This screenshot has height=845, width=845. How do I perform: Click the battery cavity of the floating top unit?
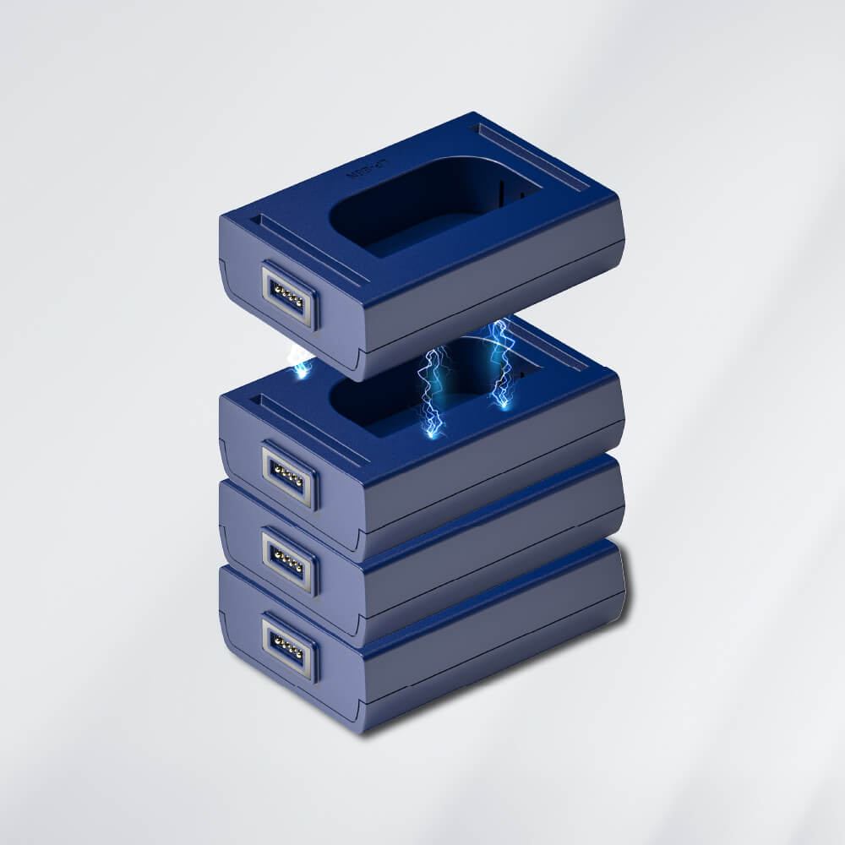431,207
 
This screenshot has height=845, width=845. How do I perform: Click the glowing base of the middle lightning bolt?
433,433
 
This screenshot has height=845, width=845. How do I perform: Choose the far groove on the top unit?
532,156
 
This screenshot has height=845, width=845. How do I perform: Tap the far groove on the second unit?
541,342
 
